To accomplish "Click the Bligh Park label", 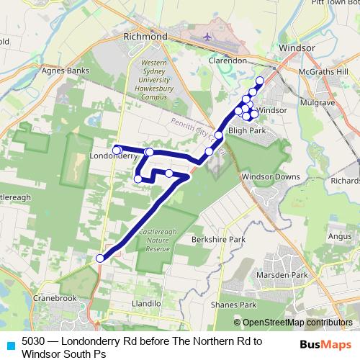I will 247,131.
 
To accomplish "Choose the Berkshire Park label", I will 218,238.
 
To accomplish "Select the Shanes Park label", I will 229,305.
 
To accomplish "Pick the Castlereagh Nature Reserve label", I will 153,240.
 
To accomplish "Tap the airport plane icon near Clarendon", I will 208,36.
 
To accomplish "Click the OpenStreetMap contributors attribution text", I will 297,323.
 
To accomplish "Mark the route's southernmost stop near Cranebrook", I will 100,258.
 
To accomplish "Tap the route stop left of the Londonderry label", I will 117,150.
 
